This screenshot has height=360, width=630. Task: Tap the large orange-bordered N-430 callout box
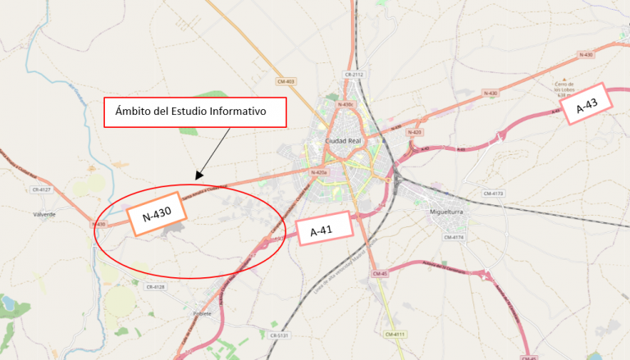pyautogui.click(x=157, y=216)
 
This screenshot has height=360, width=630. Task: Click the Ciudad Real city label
pyautogui.click(x=344, y=140)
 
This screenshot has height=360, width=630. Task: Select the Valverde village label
pyautogui.click(x=44, y=214)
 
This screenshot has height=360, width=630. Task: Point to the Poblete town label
pyautogui.click(x=202, y=313)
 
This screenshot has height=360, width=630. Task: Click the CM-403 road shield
pyautogui.click(x=285, y=80)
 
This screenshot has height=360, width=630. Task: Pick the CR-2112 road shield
pyautogui.click(x=354, y=75)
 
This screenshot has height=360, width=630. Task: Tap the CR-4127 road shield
pyautogui.click(x=41, y=189)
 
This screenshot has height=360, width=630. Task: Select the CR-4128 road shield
pyautogui.click(x=155, y=287)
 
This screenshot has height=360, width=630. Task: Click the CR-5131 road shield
pyautogui.click(x=280, y=335)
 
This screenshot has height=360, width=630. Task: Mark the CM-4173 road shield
pyautogui.click(x=493, y=194)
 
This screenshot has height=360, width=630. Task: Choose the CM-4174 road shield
pyautogui.click(x=454, y=237)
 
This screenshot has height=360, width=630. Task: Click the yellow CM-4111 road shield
pyautogui.click(x=395, y=334)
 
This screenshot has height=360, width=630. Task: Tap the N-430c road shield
pyautogui.click(x=345, y=104)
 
